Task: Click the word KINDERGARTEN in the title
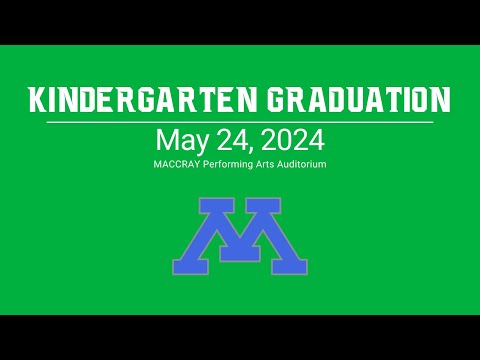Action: [x=143, y=99]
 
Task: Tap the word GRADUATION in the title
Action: [x=359, y=99]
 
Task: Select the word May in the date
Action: [x=182, y=141]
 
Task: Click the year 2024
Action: [x=293, y=140]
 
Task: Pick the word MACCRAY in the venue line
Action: [x=177, y=164]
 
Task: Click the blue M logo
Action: [x=240, y=236]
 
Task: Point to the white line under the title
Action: [x=240, y=122]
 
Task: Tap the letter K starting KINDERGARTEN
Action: [x=37, y=99]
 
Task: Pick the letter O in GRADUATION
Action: [x=418, y=99]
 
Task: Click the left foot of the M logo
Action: [x=190, y=267]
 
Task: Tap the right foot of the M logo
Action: [x=289, y=267]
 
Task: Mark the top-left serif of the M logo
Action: [x=216, y=204]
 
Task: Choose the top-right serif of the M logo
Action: [x=263, y=204]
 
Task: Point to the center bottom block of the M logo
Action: [x=240, y=254]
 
